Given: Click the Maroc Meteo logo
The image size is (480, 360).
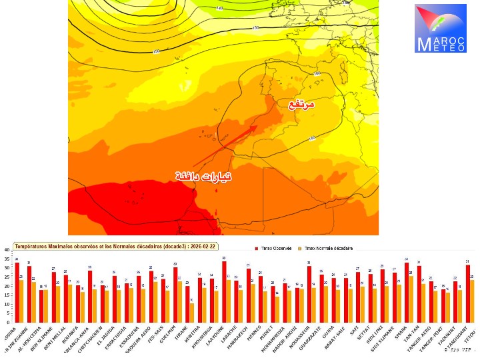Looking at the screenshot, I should [x=441, y=28].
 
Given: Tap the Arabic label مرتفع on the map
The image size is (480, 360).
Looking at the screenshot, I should [x=301, y=105].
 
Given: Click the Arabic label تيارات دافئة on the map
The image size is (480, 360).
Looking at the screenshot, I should [x=204, y=176].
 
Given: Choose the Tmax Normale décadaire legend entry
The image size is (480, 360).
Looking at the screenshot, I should [x=331, y=248].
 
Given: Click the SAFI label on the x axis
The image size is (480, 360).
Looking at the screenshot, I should [x=357, y=330].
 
